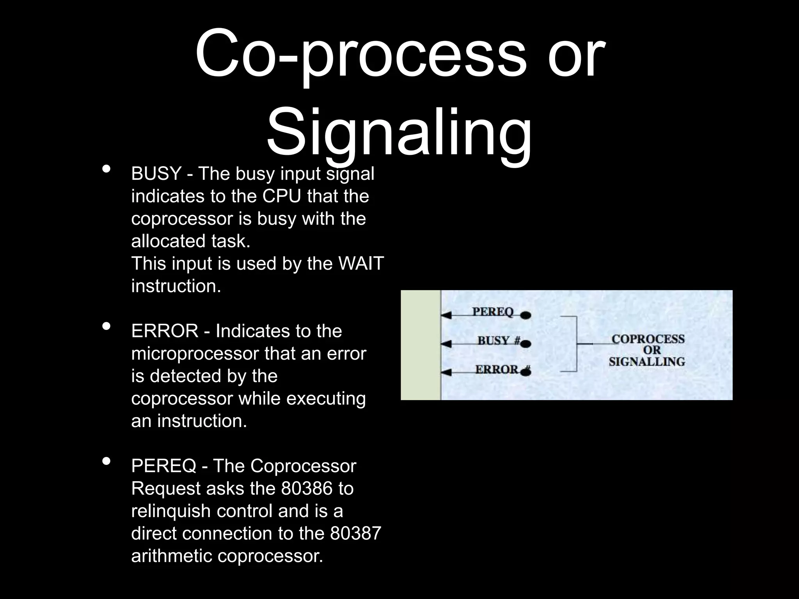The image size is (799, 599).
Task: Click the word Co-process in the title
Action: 360,55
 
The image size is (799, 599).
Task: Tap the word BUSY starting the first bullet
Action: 156,174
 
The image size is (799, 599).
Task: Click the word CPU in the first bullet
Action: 282,196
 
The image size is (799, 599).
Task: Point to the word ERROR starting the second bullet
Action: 165,331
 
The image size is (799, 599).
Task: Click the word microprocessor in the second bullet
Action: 195,354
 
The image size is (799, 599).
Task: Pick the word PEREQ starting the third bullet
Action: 163,466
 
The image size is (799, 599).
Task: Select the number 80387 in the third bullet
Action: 355,533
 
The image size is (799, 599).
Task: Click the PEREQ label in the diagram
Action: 493,312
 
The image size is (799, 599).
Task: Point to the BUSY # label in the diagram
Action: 499,340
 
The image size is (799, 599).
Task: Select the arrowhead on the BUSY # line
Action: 446,344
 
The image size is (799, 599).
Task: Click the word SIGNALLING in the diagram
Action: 646,362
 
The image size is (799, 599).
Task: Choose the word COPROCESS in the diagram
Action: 648,339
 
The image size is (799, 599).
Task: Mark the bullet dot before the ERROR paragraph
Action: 106,326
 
